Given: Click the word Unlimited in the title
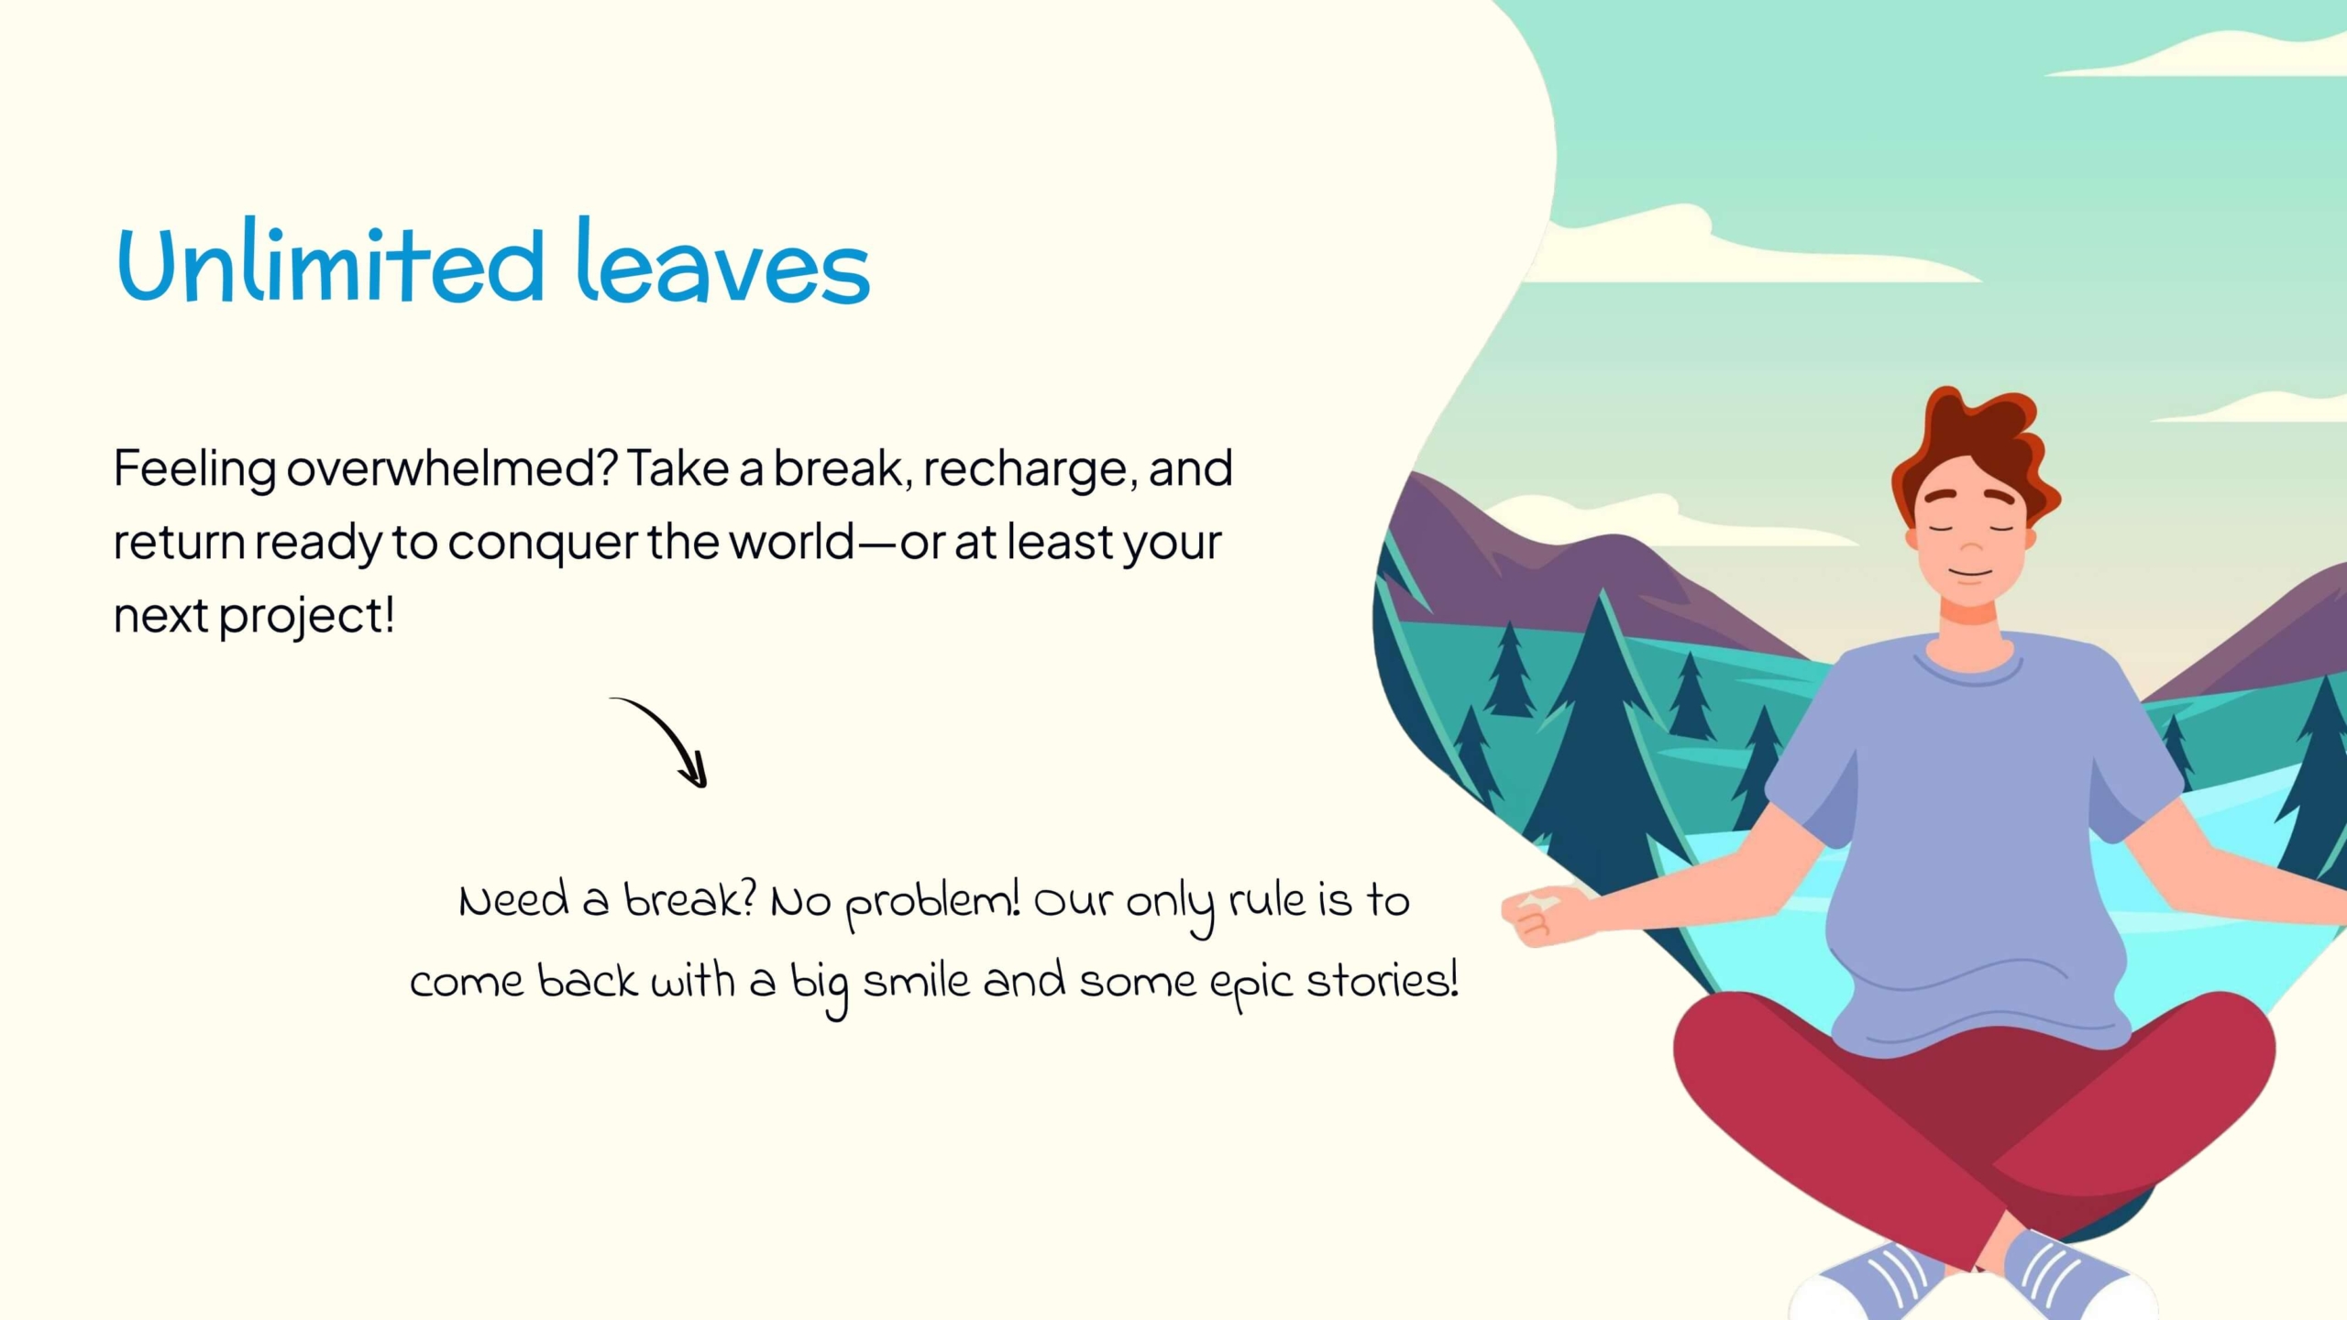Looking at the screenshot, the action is point(331,264).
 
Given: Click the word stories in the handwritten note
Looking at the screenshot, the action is point(1382,981).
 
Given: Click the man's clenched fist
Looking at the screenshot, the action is point(1539,914).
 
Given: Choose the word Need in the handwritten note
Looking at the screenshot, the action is point(514,900).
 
